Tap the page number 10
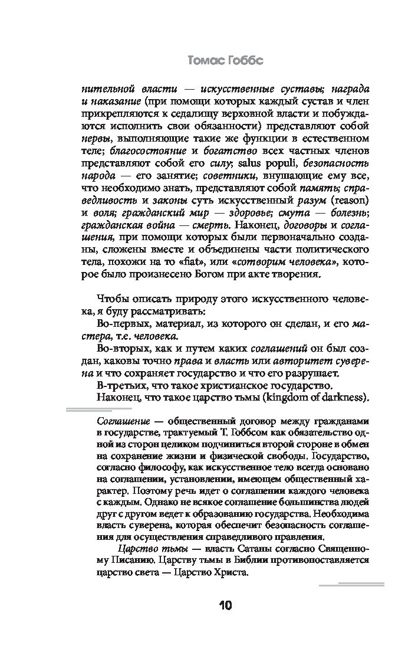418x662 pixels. [x=225, y=606]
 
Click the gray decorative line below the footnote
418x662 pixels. [x=351, y=585]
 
